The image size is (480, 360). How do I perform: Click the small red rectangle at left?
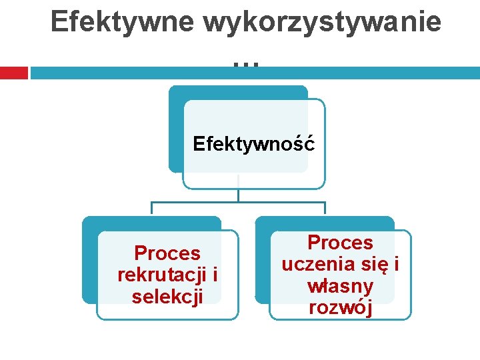(x=13, y=73)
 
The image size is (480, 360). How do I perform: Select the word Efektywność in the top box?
(x=254, y=144)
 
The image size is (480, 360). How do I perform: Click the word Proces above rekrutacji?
(x=167, y=253)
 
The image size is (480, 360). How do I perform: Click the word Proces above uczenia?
(x=340, y=243)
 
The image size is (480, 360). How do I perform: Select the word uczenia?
(x=316, y=264)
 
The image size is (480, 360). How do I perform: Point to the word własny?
(x=340, y=286)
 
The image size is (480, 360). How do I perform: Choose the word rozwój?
(x=340, y=308)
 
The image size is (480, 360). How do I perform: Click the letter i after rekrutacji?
(x=215, y=275)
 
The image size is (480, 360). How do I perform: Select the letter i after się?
(x=396, y=264)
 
